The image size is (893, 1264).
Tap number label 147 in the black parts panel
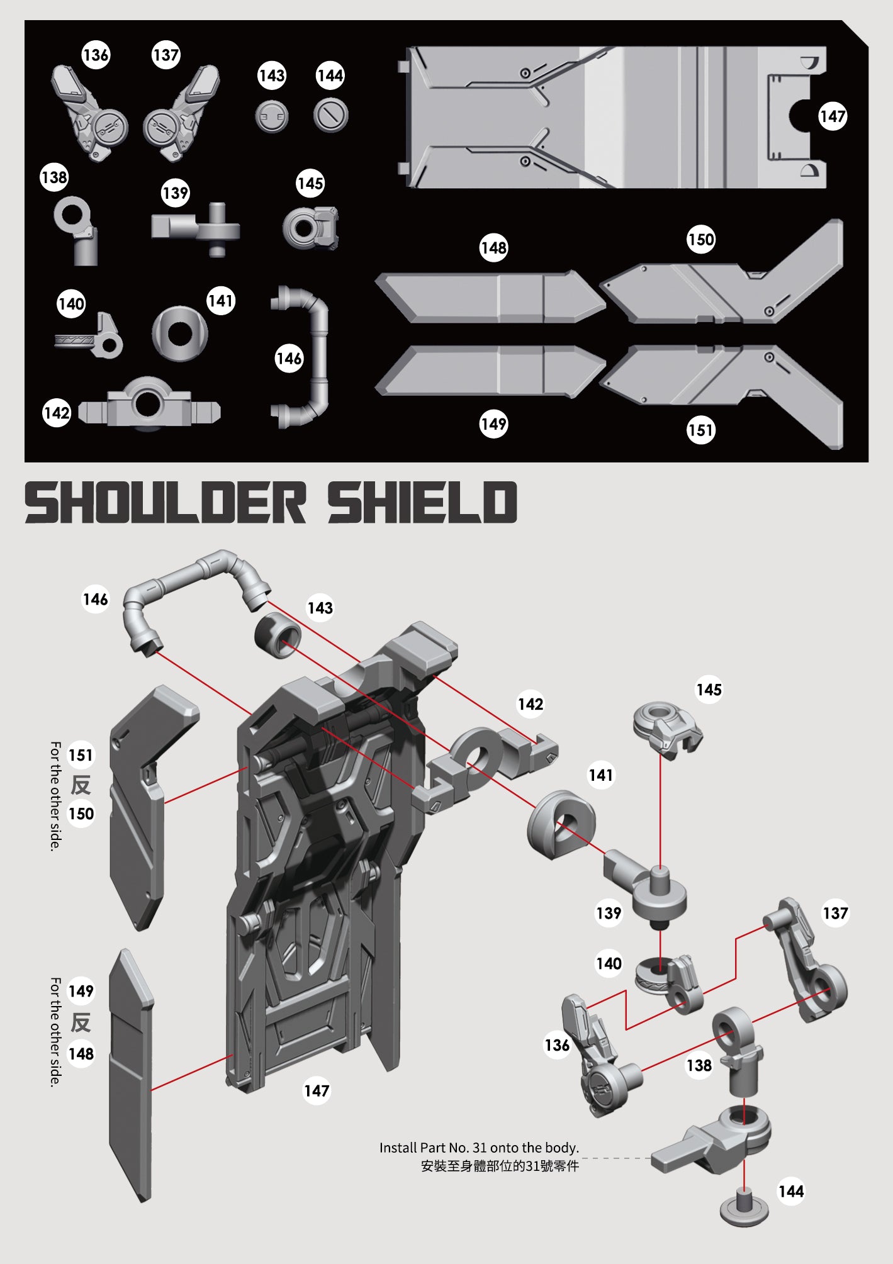pyautogui.click(x=833, y=116)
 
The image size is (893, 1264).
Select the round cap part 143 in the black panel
pyautogui.click(x=272, y=116)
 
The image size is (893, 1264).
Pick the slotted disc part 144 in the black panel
pyautogui.click(x=330, y=115)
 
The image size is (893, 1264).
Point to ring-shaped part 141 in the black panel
pyautogui.click(x=180, y=333)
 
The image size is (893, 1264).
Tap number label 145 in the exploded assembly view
pyautogui.click(x=709, y=690)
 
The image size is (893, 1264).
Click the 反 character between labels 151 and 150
pyautogui.click(x=81, y=785)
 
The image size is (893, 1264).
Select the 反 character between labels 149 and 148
pyautogui.click(x=81, y=1022)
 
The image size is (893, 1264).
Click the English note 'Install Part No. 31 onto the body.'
pyautogui.click(x=479, y=1148)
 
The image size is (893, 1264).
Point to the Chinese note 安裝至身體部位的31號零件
pyautogui.click(x=500, y=1166)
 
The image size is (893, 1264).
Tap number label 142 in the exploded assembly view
pyautogui.click(x=530, y=704)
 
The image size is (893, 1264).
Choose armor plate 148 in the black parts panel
pyautogui.click(x=491, y=297)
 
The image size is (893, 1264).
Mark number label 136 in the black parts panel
pyautogui.click(x=96, y=55)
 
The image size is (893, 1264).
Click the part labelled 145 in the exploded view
pyautogui.click(x=667, y=729)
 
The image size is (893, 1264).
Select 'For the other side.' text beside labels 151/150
pyautogui.click(x=55, y=796)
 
